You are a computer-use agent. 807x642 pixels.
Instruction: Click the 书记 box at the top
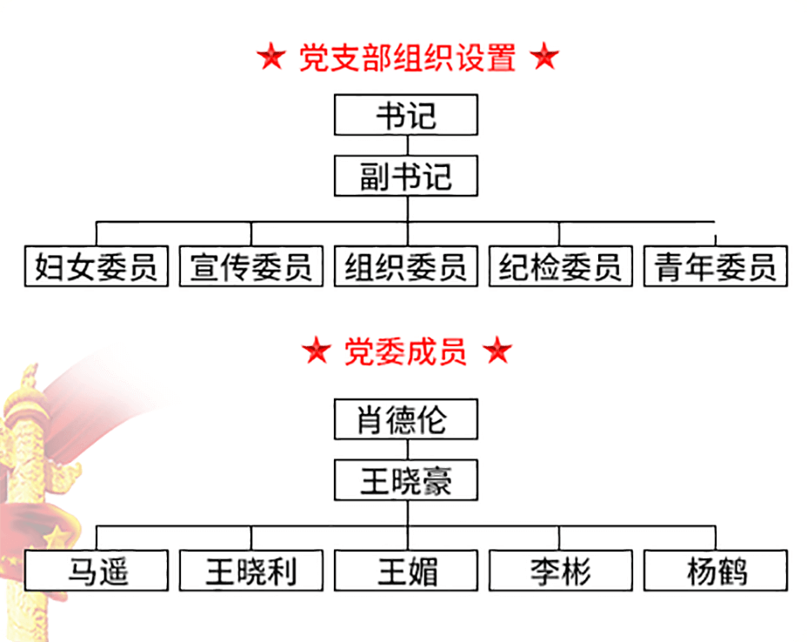point(406,115)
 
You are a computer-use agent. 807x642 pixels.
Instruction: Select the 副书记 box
point(406,177)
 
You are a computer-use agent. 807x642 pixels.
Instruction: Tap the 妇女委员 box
point(96,266)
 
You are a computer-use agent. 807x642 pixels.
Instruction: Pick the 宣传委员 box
point(251,266)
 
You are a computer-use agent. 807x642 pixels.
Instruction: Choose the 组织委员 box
point(406,266)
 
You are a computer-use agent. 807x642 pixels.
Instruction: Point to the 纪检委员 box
point(561,266)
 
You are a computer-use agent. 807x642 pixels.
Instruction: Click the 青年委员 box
point(716,266)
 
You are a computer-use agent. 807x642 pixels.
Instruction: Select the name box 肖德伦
point(406,420)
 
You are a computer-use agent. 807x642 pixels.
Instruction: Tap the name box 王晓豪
point(406,481)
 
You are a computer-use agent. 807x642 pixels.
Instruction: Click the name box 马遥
point(96,571)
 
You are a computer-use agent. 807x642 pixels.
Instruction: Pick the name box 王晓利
point(251,571)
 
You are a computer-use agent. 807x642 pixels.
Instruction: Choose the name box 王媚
point(406,571)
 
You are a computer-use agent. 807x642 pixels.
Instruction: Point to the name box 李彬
point(561,571)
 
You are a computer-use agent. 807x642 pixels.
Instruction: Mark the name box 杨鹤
point(716,571)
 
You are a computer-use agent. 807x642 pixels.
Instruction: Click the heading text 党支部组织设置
point(407,58)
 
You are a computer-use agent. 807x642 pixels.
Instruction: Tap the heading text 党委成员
point(406,351)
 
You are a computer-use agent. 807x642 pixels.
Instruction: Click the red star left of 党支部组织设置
point(271,58)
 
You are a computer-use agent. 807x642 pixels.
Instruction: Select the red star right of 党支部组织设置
point(544,58)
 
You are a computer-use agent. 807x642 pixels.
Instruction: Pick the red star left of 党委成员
point(317,351)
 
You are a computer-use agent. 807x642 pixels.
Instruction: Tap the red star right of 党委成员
point(497,351)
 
